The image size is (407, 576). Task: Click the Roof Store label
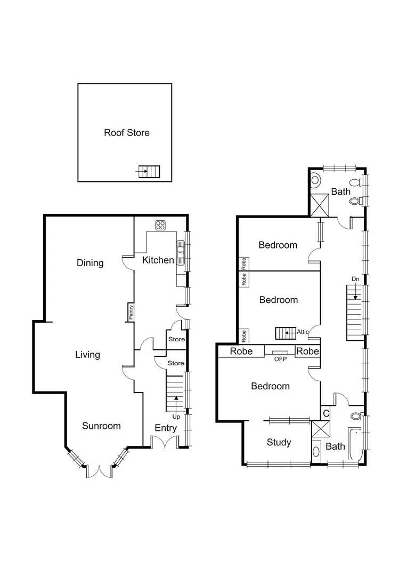pyautogui.click(x=126, y=133)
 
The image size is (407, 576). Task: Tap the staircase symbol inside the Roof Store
pyautogui.click(x=149, y=172)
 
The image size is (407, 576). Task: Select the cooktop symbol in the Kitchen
pyautogui.click(x=159, y=225)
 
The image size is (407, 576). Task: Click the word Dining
pyautogui.click(x=89, y=263)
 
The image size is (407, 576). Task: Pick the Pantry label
pyautogui.click(x=129, y=312)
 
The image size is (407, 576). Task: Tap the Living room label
pyautogui.click(x=87, y=355)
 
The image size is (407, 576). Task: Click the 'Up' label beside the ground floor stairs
pyautogui.click(x=176, y=417)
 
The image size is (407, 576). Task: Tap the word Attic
pyautogui.click(x=303, y=332)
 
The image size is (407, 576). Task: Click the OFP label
pyautogui.click(x=280, y=359)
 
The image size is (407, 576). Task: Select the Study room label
pyautogui.click(x=279, y=442)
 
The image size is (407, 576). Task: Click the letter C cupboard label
pyautogui.click(x=326, y=413)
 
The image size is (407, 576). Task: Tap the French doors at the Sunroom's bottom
pyautogui.click(x=99, y=471)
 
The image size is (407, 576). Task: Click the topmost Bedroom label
pyautogui.click(x=278, y=245)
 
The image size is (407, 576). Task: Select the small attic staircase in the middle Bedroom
pyautogui.click(x=284, y=333)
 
